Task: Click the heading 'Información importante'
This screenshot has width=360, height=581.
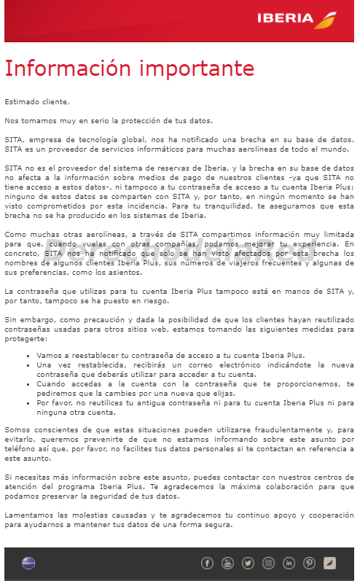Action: (x=130, y=68)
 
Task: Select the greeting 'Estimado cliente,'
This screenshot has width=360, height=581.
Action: (x=37, y=101)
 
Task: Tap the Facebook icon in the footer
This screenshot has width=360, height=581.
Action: (x=207, y=563)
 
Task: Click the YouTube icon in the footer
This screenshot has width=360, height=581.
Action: (x=227, y=563)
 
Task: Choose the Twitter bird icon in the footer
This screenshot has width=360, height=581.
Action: (x=248, y=563)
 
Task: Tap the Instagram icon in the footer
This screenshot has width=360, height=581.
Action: (x=268, y=563)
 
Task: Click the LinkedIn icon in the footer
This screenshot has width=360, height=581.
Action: (x=289, y=563)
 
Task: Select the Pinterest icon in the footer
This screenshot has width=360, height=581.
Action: (x=309, y=563)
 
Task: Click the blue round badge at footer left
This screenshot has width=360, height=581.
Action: (x=28, y=563)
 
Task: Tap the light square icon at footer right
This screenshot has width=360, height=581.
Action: (x=329, y=563)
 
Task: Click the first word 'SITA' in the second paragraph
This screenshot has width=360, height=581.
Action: (x=15, y=139)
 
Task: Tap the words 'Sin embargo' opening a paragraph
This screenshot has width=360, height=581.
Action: (x=26, y=319)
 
